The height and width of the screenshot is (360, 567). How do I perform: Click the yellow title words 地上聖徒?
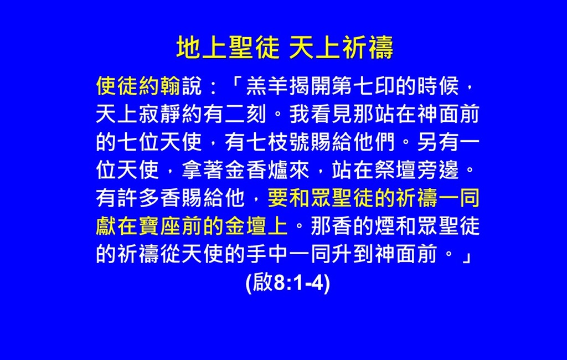point(228,47)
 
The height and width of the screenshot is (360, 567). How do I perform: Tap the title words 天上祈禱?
point(341,47)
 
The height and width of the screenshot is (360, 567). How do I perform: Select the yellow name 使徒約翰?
point(138,86)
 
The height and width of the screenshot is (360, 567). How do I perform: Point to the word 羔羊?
point(267,86)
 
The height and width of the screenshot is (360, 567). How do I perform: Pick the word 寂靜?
point(160,114)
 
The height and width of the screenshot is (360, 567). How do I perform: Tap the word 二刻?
point(245,114)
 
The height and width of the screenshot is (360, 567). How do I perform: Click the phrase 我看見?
point(321,114)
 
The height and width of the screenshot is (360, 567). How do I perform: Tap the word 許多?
point(138,198)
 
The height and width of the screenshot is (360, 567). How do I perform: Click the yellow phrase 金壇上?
point(256,226)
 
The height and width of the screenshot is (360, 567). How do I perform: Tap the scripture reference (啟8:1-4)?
point(288,282)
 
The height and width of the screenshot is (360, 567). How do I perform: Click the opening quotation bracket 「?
point(236,85)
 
